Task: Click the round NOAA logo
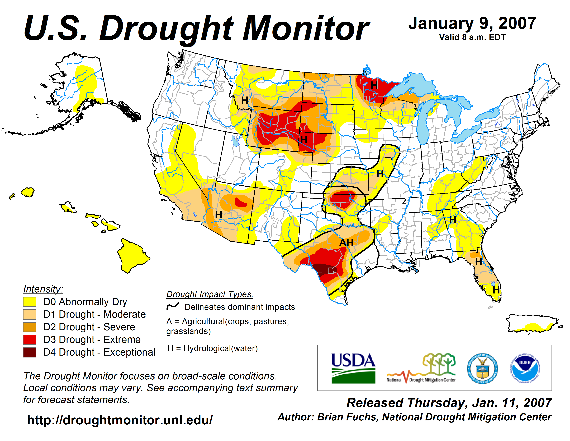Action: [525, 368]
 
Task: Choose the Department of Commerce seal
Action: [482, 368]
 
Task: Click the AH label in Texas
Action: [346, 242]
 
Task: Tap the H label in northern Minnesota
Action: [374, 85]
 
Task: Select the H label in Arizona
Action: [219, 214]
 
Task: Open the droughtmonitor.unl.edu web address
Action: [120, 420]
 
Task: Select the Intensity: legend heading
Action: [43, 289]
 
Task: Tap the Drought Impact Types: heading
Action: [210, 294]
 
